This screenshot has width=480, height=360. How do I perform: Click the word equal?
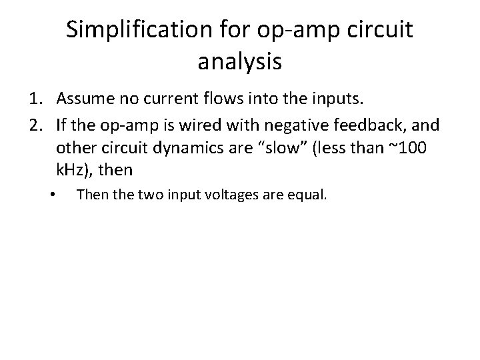pyautogui.click(x=306, y=196)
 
